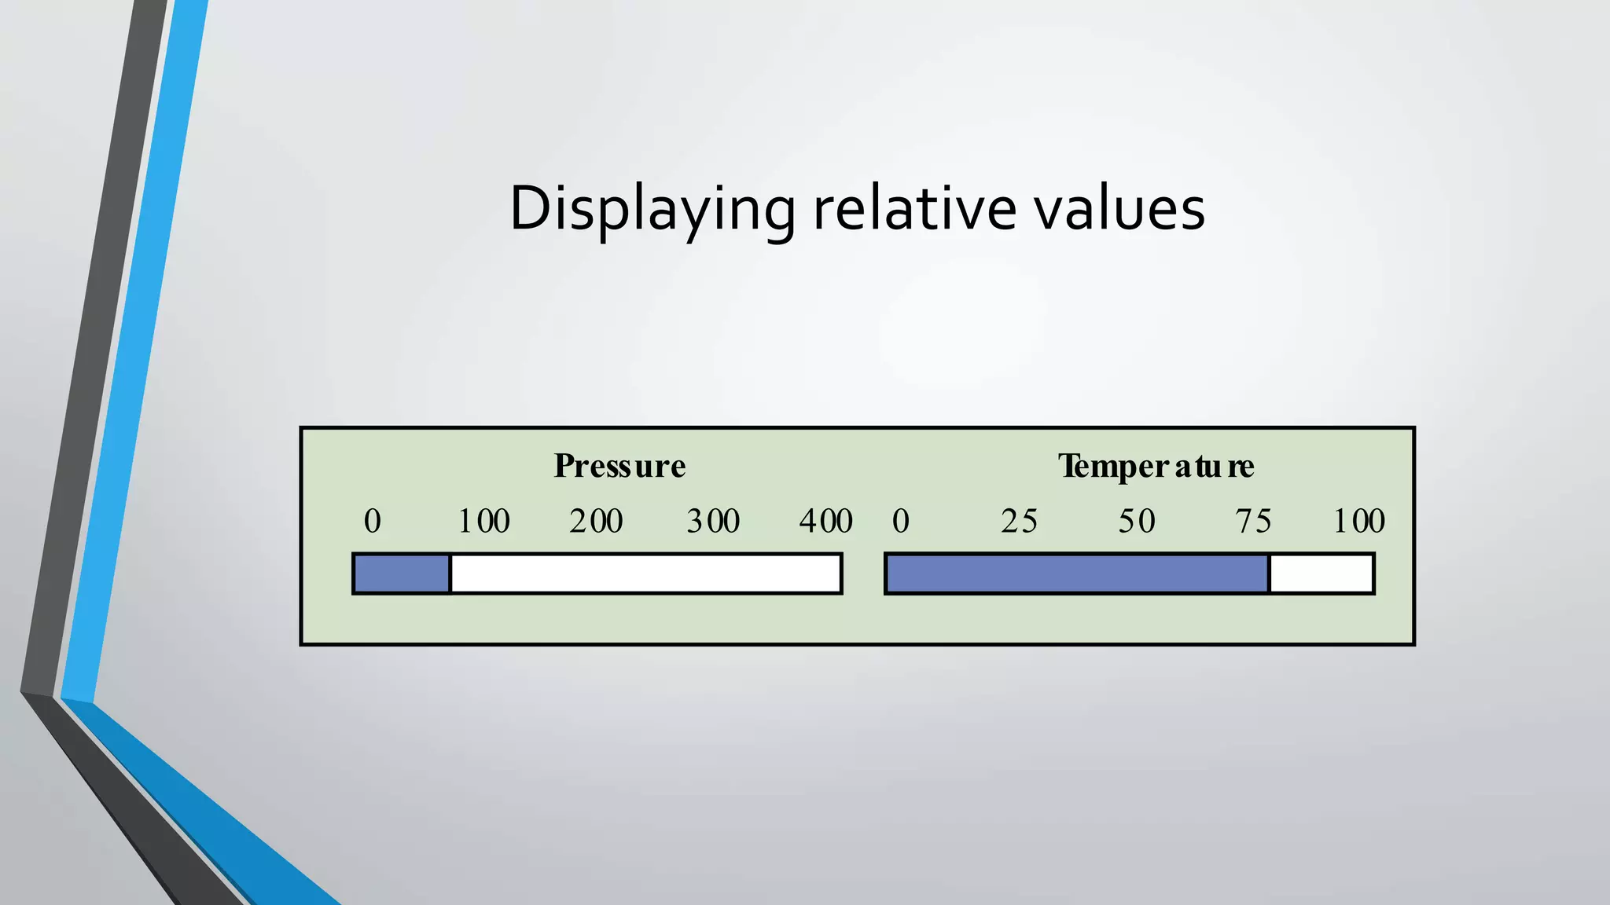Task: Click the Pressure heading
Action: pos(619,466)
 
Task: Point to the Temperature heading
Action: pos(1156,466)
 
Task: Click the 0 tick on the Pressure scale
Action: pos(373,521)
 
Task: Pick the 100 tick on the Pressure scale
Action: pos(483,521)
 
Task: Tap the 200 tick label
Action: pos(597,521)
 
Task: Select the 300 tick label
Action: pos(713,521)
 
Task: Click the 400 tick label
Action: pos(825,521)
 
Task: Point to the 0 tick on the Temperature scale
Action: pos(901,521)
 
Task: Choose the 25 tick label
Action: pos(1019,521)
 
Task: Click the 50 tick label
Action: pos(1137,521)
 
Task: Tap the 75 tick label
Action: pos(1253,521)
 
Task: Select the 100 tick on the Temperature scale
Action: pos(1358,521)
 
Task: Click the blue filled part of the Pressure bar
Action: pos(402,573)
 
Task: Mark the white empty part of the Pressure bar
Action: pos(645,573)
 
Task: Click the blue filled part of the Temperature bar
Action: pos(1077,573)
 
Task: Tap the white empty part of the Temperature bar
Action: pos(1321,573)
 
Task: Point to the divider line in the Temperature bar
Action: pos(1269,573)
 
